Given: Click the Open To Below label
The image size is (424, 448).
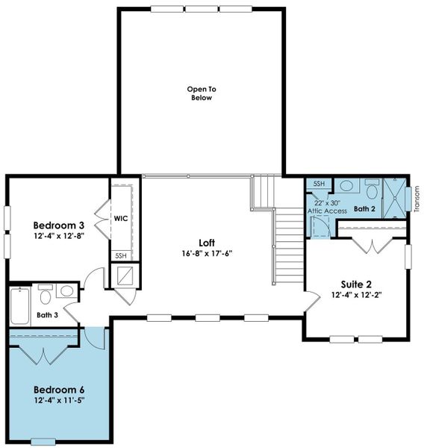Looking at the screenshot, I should pos(200,93).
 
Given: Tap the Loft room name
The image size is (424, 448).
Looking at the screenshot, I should pos(208,242).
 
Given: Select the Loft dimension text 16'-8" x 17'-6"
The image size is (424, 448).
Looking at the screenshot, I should pos(208,252).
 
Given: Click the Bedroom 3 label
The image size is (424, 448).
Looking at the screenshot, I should pos(58,225).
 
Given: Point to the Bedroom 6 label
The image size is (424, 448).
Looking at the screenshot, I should pos(58,390).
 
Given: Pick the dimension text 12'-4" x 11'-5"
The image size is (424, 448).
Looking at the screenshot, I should pos(58,400).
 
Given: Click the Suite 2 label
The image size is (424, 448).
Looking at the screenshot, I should pos(356,284).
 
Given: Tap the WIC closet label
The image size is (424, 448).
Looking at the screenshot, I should pos(121,219).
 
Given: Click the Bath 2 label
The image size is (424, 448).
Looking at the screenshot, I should pos(365,209).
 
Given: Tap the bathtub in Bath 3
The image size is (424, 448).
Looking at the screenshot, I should pos(19,306).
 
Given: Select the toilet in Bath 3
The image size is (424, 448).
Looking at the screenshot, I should pos(46,297).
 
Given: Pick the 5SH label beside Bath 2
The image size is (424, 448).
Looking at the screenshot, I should pos(318,184).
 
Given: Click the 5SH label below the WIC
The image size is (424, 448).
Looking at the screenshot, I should pos(120,255).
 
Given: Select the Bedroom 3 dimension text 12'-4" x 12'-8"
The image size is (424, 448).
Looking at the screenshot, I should pos(58,236).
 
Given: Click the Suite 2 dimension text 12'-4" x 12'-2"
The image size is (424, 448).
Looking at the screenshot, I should pos(356,295).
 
